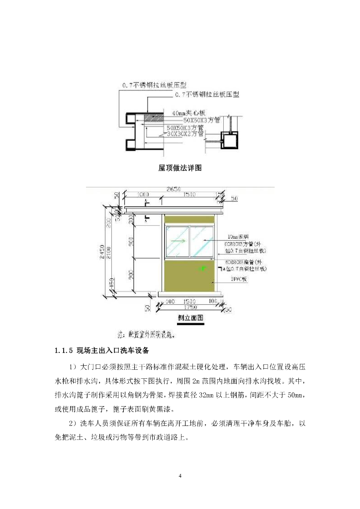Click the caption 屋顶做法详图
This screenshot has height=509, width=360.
180,168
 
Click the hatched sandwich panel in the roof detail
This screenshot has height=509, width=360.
152,118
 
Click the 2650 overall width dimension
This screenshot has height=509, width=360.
173,189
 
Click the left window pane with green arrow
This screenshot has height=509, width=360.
178,241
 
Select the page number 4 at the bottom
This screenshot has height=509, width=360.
180,476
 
